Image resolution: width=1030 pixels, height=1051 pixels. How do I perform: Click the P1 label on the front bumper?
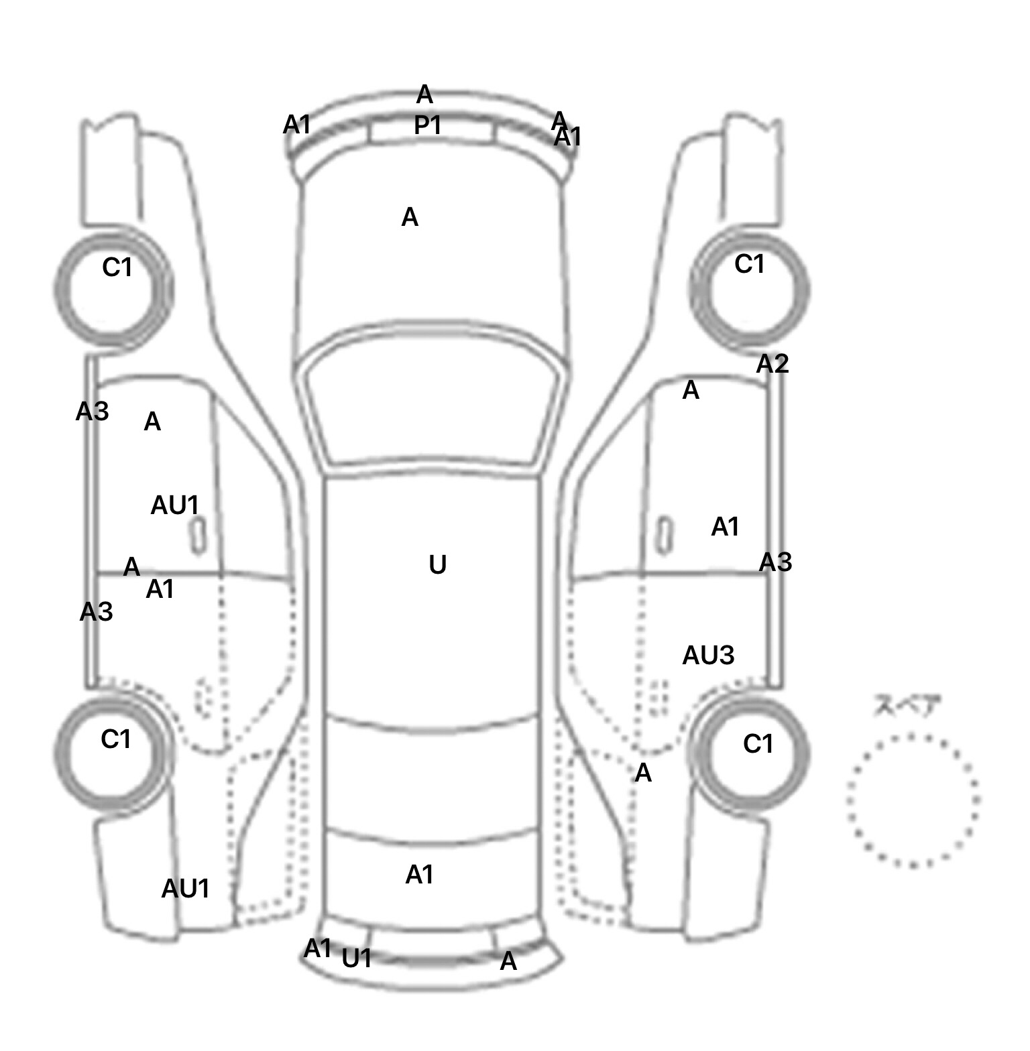pos(427,125)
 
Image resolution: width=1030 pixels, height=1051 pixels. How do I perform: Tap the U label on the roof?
pos(437,565)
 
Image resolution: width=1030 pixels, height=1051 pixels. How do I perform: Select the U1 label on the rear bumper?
pos(357,959)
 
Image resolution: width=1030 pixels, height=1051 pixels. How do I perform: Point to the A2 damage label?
pos(772,364)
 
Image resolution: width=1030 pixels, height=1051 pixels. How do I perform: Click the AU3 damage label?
pos(708,656)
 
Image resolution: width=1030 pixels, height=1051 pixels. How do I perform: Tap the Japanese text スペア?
pos(907,706)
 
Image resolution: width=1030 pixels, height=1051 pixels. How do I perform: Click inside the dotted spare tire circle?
pos(912,800)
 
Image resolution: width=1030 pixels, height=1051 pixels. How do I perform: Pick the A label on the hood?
pos(410,217)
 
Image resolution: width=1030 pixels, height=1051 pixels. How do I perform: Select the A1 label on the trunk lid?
pos(420,875)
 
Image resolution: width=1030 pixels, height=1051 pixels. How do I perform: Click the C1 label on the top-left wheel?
pos(117,268)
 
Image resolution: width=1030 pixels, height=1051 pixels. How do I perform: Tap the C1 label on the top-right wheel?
pos(749,264)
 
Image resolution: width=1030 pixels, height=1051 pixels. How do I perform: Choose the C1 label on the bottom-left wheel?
pos(116,739)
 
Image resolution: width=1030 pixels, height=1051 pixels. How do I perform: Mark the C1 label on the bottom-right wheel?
pos(758,743)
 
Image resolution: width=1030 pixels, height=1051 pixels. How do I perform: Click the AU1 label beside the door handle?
pos(174,505)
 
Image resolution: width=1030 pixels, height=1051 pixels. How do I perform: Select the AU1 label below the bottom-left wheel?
pos(186,889)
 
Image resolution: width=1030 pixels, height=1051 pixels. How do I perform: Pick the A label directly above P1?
pos(424,95)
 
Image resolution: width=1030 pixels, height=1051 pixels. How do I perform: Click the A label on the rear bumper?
pos(508,962)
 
